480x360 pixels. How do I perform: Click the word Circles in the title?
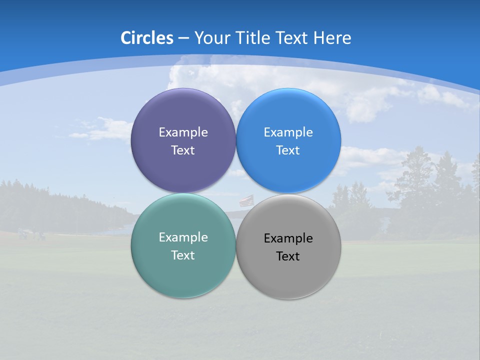147,38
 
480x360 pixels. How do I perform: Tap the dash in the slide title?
183,38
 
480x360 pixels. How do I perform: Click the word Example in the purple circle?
183,132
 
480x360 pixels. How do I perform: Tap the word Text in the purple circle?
183,150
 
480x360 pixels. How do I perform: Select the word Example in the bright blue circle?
288,132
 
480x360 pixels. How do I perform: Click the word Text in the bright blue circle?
288,150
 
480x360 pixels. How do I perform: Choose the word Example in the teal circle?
183,237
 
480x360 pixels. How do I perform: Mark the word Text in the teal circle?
183,255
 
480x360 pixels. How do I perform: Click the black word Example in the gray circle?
288,238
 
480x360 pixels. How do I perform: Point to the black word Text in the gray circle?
288,256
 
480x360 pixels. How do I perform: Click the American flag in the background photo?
245,201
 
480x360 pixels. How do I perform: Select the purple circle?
183,110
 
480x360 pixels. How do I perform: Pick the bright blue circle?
288,110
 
